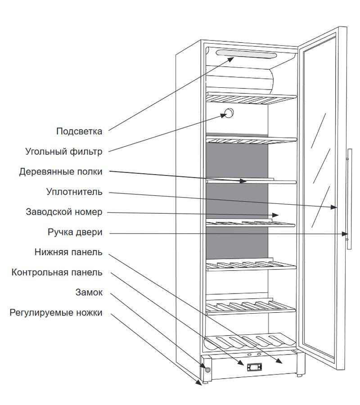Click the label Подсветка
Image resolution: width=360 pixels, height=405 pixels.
[x=79, y=131]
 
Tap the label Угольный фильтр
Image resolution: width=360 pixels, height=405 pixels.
[x=64, y=152]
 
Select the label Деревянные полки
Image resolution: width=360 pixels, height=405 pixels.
[x=61, y=172]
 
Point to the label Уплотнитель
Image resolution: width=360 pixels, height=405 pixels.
[x=74, y=192]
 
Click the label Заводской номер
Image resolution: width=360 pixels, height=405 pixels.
[x=64, y=212]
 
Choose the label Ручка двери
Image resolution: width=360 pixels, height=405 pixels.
[x=75, y=232]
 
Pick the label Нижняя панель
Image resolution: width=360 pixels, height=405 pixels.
[x=68, y=252]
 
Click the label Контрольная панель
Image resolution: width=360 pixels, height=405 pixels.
[x=57, y=272]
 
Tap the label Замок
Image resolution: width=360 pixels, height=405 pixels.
[x=89, y=292]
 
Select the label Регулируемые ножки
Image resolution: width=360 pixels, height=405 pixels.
[x=56, y=313]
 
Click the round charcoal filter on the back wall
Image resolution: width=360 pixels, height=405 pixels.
[x=229, y=113]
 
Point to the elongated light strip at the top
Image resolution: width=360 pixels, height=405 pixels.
[x=246, y=54]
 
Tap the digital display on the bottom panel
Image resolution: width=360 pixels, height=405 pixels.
[x=254, y=367]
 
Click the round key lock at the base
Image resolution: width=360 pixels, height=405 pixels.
[x=208, y=370]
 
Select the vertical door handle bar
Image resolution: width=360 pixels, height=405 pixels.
[x=349, y=199]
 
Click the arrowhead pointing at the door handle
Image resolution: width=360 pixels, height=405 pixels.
[x=345, y=234]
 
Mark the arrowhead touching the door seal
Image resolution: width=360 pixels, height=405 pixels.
[x=333, y=207]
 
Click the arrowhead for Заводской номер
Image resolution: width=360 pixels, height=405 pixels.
[x=275, y=215]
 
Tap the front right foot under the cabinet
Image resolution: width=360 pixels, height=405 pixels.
[x=299, y=375]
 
